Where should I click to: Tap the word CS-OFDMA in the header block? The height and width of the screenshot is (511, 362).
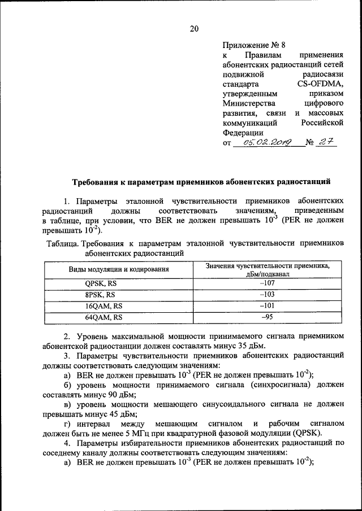point(321,84)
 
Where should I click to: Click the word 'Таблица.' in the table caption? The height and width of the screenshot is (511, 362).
point(61,243)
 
